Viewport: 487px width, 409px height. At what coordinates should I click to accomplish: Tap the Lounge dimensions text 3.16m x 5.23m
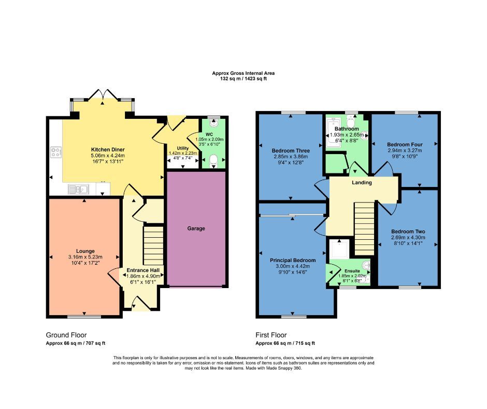coord(85,257)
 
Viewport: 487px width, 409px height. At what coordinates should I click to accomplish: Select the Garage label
coord(196,228)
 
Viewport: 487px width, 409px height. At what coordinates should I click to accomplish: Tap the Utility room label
coord(183,148)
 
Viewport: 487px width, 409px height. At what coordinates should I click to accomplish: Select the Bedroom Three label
coord(290,151)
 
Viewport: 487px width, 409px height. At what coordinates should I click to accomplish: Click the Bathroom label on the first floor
coord(346,129)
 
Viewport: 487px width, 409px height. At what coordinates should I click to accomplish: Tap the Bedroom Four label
coord(405,144)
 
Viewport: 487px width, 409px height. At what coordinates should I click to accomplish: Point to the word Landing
coord(362,182)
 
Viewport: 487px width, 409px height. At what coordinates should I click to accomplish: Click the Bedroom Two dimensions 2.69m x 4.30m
coord(408,238)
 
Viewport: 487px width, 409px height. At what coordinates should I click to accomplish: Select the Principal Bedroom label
coord(292,260)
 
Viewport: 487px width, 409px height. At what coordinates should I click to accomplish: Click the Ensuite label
coord(354,270)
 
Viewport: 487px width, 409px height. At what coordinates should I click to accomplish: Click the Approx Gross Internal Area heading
coord(243,73)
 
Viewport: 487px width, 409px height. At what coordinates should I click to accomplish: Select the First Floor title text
coord(271,335)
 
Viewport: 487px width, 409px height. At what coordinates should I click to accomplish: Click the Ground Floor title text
coord(66,335)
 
